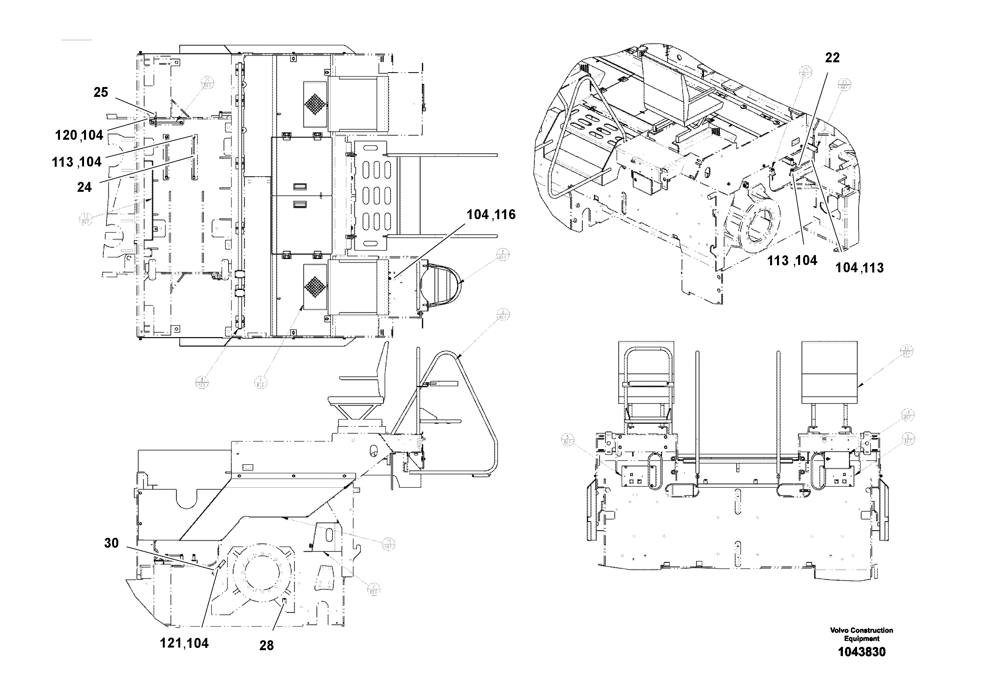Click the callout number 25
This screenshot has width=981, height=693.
(101, 92)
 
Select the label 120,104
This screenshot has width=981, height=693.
(79, 135)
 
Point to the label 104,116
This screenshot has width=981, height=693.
(491, 215)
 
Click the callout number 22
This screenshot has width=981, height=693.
(832, 58)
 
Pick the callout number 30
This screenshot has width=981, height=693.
(111, 543)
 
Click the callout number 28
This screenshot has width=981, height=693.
(266, 646)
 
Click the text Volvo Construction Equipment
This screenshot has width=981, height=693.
(861, 634)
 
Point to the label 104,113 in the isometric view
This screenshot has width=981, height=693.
(859, 268)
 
